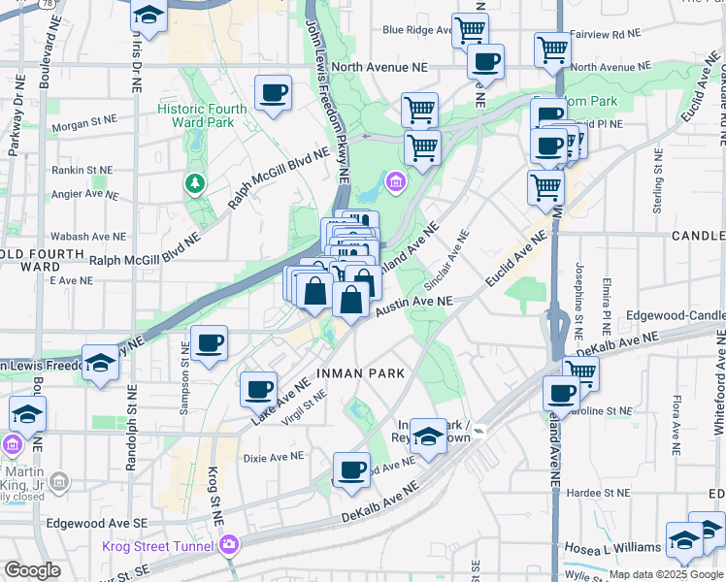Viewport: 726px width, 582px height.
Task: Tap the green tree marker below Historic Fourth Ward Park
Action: pyautogui.click(x=196, y=182)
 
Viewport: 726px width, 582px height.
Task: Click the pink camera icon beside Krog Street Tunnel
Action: pyautogui.click(x=228, y=544)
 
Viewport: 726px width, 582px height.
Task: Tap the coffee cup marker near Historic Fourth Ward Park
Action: pyautogui.click(x=273, y=93)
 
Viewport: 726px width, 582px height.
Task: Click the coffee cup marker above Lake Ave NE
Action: pyautogui.click(x=258, y=389)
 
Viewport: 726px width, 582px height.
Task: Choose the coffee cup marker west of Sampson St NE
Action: pyautogui.click(x=209, y=342)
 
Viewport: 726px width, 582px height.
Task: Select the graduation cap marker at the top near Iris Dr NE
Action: pyautogui.click(x=148, y=15)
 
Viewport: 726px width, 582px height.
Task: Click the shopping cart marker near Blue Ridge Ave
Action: pyautogui.click(x=470, y=29)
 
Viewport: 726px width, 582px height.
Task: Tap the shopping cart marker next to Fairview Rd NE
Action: pyautogui.click(x=552, y=48)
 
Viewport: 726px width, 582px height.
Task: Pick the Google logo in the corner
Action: pyautogui.click(x=32, y=570)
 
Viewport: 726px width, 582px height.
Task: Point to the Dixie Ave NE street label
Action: pyautogui.click(x=273, y=455)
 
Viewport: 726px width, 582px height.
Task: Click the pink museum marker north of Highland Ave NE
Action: pyautogui.click(x=395, y=181)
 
